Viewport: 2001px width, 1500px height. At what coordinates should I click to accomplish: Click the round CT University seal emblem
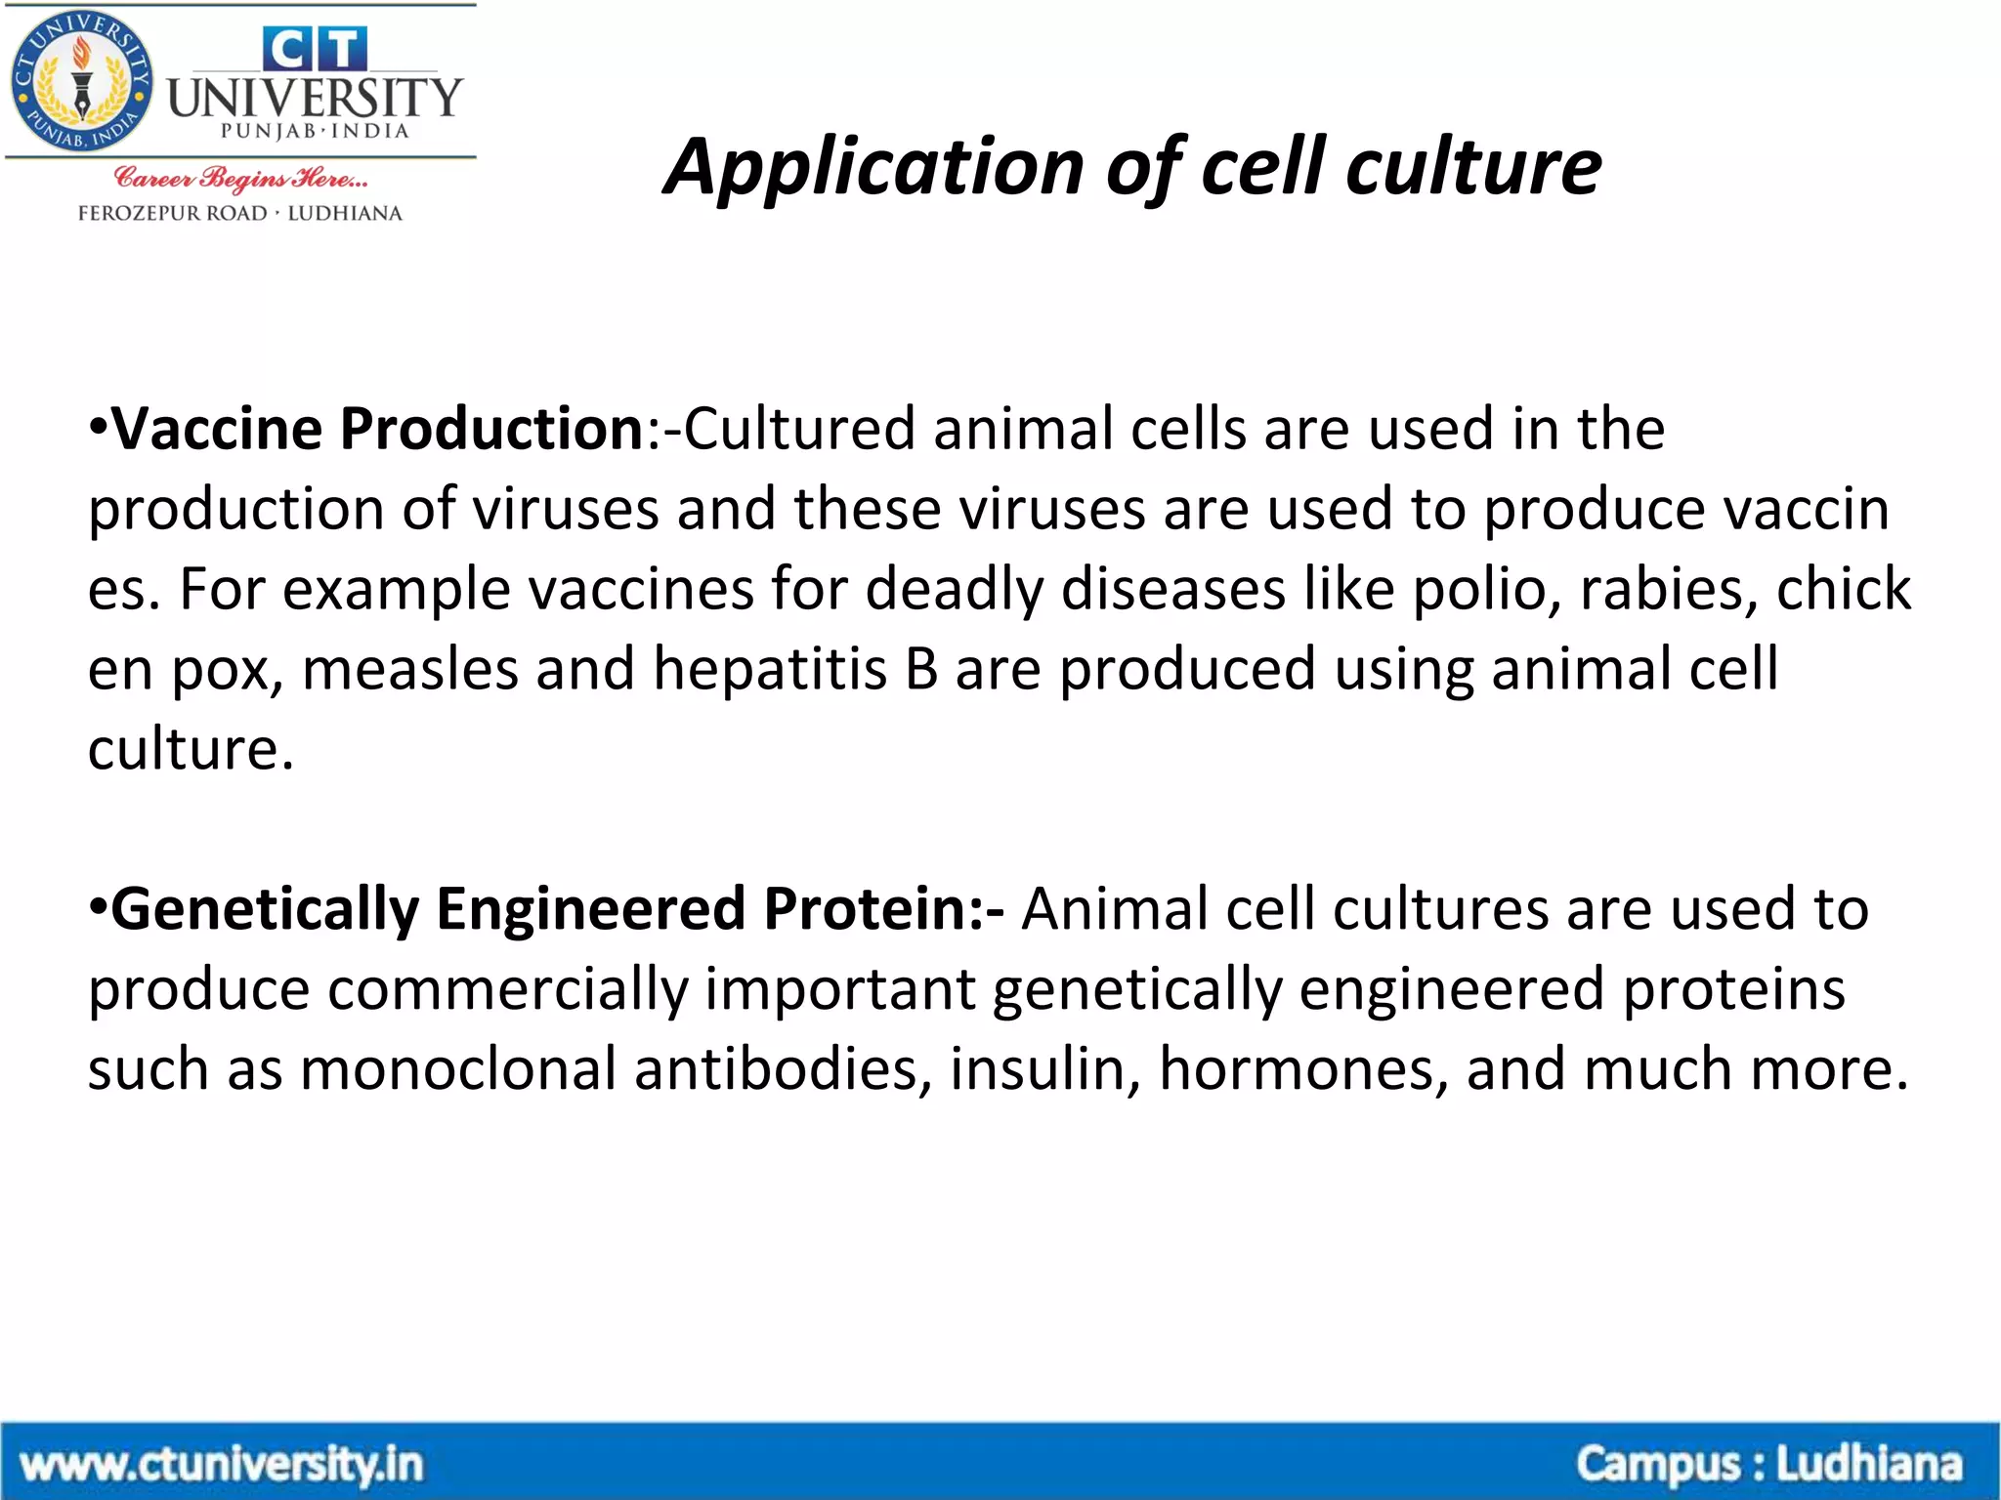click(82, 83)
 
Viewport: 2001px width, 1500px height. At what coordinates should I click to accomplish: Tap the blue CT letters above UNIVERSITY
click(315, 49)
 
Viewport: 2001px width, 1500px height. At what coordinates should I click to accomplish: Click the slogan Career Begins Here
click(240, 179)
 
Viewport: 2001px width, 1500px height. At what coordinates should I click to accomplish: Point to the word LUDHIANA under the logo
click(344, 213)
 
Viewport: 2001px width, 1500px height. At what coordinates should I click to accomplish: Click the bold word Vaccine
click(216, 430)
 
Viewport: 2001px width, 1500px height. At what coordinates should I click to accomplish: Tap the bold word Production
click(490, 430)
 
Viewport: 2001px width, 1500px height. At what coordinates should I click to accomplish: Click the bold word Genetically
click(264, 910)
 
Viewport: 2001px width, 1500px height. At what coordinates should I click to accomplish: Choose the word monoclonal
click(457, 1070)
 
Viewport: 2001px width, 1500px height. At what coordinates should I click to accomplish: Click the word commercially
click(507, 990)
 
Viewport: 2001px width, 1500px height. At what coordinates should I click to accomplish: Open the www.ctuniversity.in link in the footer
click(221, 1465)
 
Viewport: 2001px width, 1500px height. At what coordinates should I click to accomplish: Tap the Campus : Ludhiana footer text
click(1768, 1465)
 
